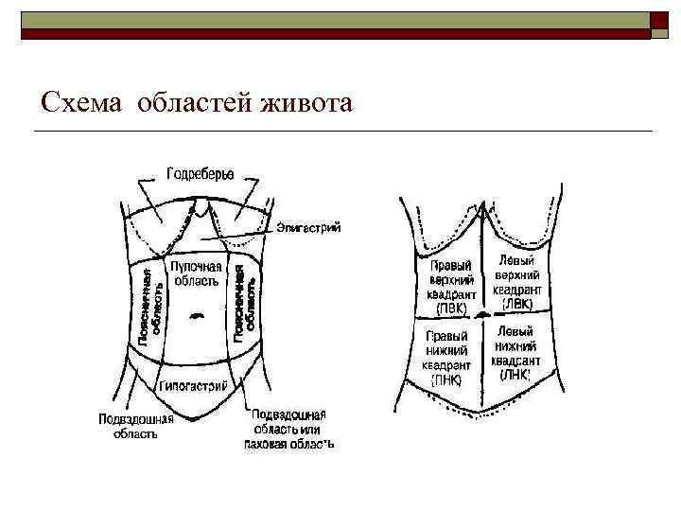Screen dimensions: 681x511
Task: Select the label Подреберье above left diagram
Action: tap(201, 174)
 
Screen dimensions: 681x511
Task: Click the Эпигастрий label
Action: tap(308, 227)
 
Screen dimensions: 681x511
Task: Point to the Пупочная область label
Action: tap(196, 273)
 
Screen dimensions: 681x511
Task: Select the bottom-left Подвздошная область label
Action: tap(134, 427)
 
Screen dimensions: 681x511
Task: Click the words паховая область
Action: tap(288, 443)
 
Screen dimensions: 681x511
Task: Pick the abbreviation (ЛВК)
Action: tap(517, 304)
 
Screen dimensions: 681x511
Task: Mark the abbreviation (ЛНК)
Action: tap(516, 375)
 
